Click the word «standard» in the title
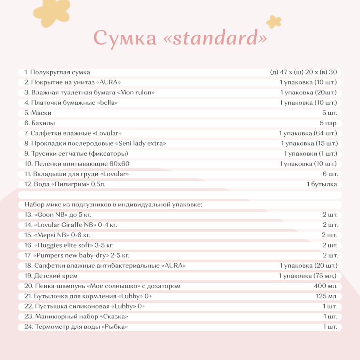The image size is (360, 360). tap(216, 38)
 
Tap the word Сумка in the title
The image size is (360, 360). tap(125, 38)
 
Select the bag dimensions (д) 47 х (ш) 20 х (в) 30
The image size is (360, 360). tap(304, 72)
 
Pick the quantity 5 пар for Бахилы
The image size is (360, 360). tap(328, 123)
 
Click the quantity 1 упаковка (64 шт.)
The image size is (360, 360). tap(308, 133)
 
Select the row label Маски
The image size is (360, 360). tap(41, 113)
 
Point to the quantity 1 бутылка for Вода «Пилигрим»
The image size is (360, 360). tap(322, 184)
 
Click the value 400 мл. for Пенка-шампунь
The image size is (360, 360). tap(326, 286)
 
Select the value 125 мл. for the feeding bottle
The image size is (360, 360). tap(326, 296)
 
